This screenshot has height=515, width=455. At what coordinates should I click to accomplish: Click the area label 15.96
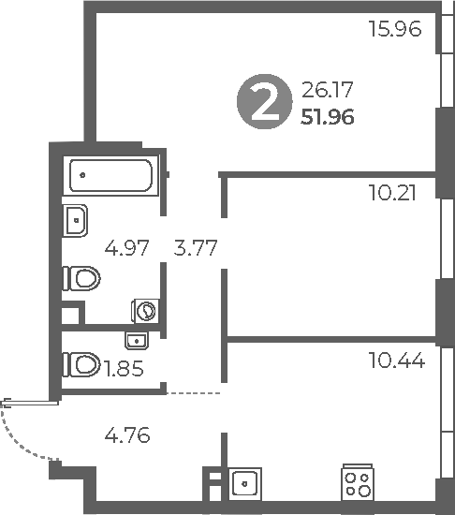pyautogui.click(x=396, y=29)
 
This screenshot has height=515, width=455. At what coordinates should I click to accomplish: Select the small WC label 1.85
pyautogui.click(x=124, y=368)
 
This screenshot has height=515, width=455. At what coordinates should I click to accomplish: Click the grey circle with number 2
pyautogui.click(x=263, y=103)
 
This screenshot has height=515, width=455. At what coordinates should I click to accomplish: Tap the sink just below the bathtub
pyautogui.click(x=76, y=220)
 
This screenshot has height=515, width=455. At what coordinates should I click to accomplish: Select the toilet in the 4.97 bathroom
pyautogui.click(x=81, y=279)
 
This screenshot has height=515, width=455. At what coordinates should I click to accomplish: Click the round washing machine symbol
pyautogui.click(x=147, y=310)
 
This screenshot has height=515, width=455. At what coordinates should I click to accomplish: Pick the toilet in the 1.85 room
pyautogui.click(x=81, y=362)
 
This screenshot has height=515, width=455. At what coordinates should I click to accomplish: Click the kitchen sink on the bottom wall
pyautogui.click(x=244, y=484)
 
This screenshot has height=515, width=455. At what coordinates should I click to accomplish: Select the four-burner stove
pyautogui.click(x=357, y=483)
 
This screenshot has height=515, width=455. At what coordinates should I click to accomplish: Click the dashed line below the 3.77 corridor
pyautogui.click(x=194, y=393)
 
